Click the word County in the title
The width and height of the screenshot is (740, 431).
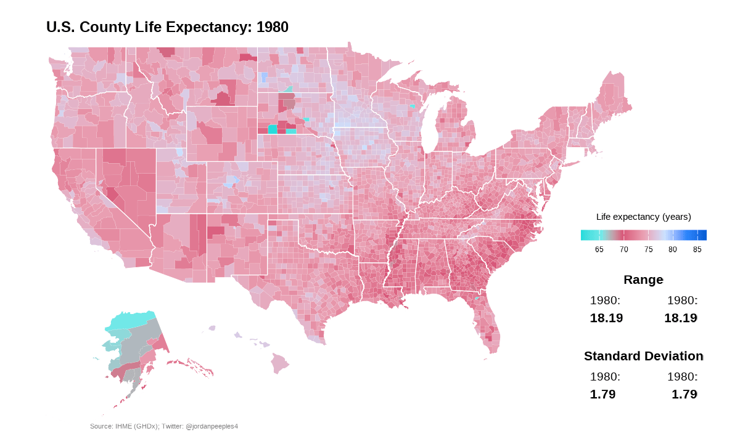click(x=105, y=27)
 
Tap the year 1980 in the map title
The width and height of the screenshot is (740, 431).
click(x=272, y=27)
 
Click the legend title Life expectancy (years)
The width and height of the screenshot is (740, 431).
click(x=644, y=217)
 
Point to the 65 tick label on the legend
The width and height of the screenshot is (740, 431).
click(x=599, y=249)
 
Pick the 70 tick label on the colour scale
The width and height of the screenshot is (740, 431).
click(x=623, y=249)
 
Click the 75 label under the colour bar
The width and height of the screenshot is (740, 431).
click(x=648, y=249)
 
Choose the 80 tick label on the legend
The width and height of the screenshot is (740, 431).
click(x=673, y=249)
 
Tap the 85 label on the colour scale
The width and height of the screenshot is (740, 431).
click(x=697, y=249)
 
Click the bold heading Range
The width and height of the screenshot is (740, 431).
click(x=644, y=280)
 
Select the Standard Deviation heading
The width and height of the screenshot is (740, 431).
click(x=644, y=356)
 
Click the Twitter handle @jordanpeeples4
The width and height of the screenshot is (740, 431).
click(x=212, y=427)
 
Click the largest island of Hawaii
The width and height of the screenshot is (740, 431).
click(x=279, y=363)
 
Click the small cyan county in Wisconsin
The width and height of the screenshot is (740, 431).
click(x=412, y=107)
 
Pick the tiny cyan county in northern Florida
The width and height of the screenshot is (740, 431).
click(x=476, y=299)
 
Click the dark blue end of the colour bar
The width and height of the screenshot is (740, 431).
click(x=702, y=235)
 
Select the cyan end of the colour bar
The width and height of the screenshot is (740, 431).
click(x=585, y=235)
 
